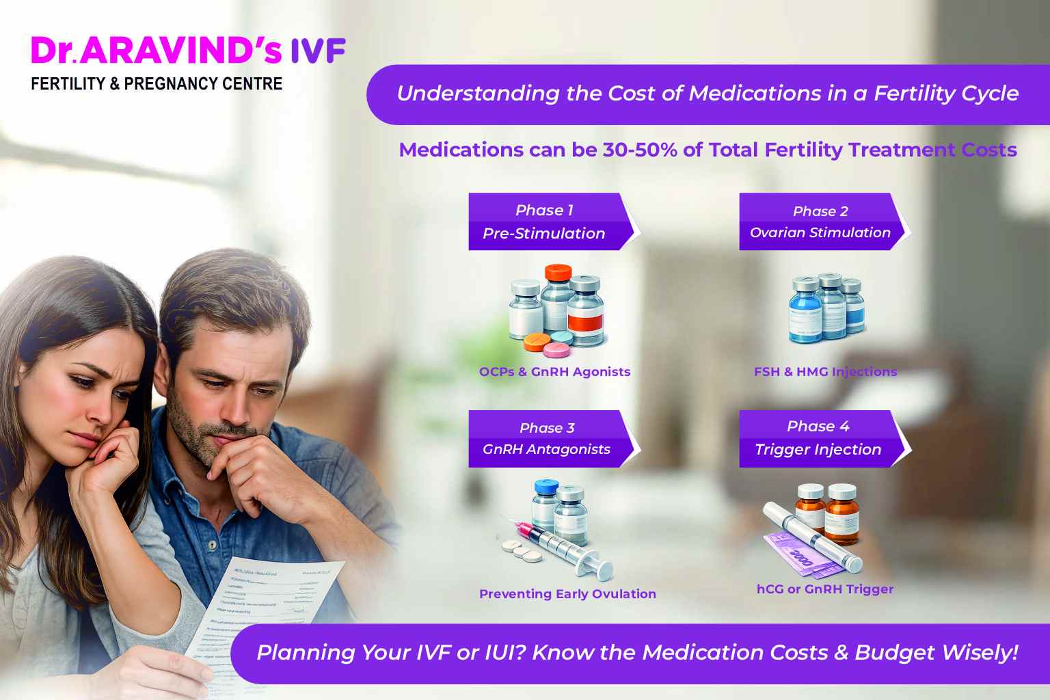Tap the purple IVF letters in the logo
317,51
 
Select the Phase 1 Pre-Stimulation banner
547,221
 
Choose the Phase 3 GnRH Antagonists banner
547,439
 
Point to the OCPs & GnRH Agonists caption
554,372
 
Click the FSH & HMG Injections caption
825,372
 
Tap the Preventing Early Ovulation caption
567,594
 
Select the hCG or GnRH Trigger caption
825,589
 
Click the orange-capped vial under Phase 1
558,301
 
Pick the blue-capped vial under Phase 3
545,506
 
